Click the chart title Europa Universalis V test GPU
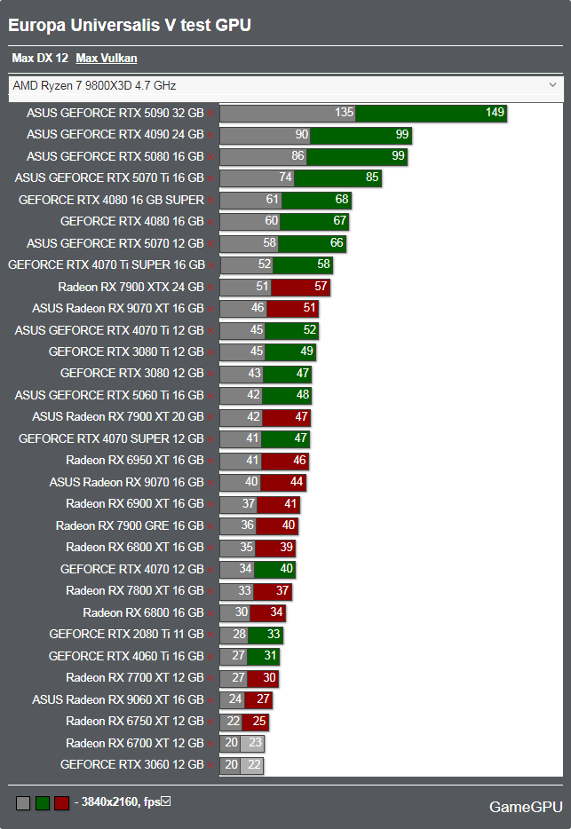(x=130, y=26)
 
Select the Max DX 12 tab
(x=40, y=59)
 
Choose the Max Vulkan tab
(x=107, y=59)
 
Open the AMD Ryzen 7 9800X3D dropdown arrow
(x=553, y=85)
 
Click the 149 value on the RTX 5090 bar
(x=495, y=113)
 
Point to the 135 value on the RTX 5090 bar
(x=344, y=113)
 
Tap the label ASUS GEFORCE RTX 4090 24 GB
(x=115, y=135)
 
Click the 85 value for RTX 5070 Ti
(x=372, y=178)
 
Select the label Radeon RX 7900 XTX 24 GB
(x=131, y=287)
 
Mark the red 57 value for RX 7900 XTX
(x=321, y=287)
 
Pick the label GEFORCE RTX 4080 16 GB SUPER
(x=111, y=200)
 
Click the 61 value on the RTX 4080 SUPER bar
(x=273, y=200)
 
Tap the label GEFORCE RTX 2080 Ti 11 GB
(x=126, y=635)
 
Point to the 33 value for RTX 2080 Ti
(x=274, y=635)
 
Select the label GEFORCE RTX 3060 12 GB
(x=132, y=764)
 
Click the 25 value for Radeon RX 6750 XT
(x=259, y=721)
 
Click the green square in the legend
(x=42, y=803)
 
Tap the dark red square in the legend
(x=61, y=803)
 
